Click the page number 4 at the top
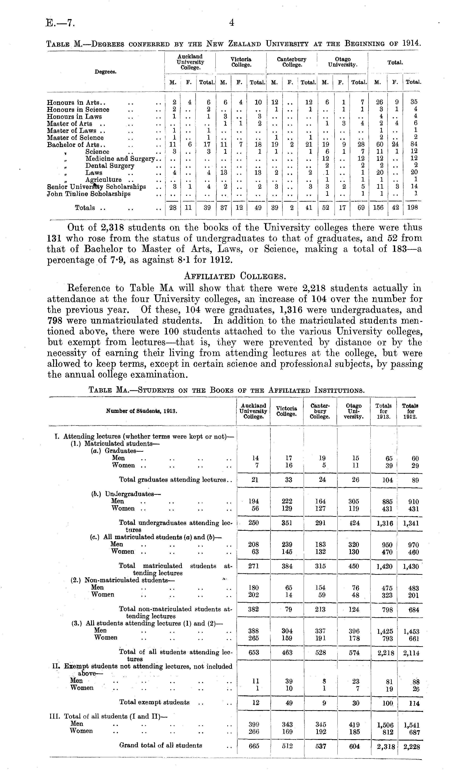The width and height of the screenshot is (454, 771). (x=232, y=23)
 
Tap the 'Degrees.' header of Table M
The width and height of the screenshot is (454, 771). (x=105, y=72)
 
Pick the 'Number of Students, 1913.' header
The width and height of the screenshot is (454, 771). (x=142, y=411)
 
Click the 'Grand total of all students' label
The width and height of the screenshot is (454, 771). (x=161, y=745)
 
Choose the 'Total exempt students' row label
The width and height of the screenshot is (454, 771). (x=154, y=702)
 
